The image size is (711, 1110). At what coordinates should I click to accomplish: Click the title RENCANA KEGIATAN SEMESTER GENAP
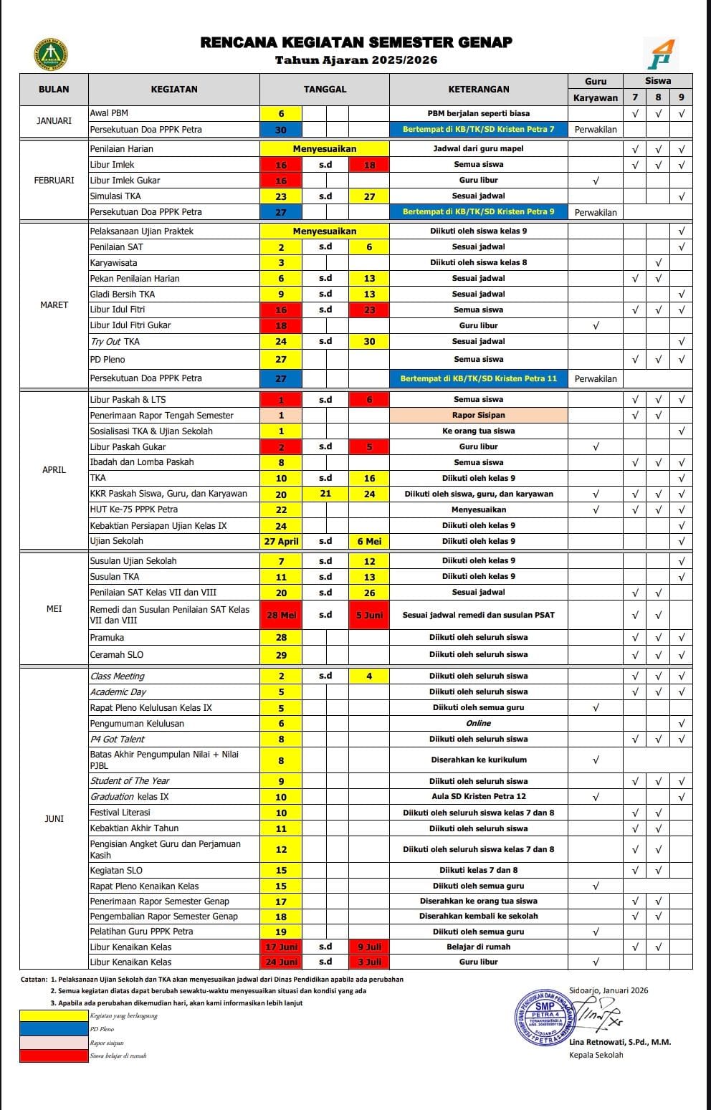356,43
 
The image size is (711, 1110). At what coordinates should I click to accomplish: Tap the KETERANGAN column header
478,90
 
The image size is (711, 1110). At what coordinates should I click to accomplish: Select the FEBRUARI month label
54,181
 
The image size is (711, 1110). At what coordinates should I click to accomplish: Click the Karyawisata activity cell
114,263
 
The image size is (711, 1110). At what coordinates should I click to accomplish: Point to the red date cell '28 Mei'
281,615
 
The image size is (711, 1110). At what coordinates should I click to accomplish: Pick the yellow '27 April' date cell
281,542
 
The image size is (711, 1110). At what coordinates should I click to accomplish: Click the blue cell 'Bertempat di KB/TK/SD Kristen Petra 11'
478,378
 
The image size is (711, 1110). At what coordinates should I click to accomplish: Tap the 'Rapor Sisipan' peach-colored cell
478,416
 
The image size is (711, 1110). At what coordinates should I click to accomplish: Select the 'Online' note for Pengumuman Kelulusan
478,724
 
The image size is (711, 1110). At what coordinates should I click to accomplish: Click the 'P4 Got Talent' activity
118,740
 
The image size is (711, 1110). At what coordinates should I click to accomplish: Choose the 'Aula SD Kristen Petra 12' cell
478,797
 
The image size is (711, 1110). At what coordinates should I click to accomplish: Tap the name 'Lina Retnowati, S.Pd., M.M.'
620,1042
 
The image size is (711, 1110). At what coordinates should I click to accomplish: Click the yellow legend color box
54,1015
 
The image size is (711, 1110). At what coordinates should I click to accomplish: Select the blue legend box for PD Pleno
54,1029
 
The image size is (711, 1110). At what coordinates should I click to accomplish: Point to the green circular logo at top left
51,55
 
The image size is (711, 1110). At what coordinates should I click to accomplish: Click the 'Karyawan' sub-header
595,97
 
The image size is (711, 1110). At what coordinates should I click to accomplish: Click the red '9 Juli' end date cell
369,947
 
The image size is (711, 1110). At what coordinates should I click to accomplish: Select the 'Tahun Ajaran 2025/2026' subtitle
356,61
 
